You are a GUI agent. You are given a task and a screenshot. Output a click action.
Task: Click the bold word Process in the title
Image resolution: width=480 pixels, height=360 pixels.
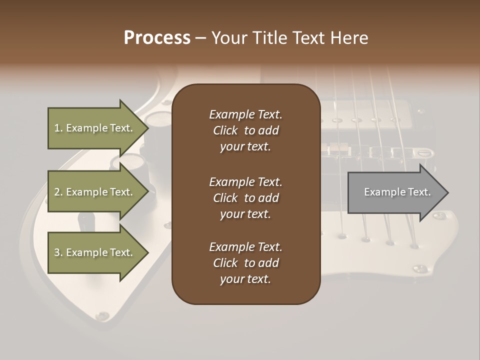tap(157, 38)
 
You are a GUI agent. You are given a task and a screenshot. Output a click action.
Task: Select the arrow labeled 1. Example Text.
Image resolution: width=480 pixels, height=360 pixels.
tap(95, 128)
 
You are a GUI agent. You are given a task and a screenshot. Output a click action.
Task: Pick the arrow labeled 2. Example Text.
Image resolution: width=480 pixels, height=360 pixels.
tap(95, 192)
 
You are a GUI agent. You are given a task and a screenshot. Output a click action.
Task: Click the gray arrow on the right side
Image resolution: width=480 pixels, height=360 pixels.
tap(395, 192)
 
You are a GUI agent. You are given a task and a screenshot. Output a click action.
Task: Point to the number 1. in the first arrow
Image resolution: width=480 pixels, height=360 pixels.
tap(58, 128)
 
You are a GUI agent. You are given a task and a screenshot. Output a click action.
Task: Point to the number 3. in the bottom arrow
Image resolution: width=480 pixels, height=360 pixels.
tap(58, 253)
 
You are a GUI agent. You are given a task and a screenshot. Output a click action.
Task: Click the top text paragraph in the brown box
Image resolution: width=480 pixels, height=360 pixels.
tap(245, 130)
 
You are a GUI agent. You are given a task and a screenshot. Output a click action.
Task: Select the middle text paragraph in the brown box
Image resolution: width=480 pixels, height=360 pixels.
tap(245, 198)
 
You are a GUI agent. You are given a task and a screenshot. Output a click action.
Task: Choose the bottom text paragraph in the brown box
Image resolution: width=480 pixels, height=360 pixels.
tap(245, 263)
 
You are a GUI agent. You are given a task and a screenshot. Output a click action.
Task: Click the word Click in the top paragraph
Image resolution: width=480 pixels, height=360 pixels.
tap(225, 131)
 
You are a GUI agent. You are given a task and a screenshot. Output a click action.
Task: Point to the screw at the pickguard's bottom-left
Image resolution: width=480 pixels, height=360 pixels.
tap(103, 315)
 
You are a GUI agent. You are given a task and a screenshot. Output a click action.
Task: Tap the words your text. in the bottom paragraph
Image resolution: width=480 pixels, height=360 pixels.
tap(245, 279)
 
